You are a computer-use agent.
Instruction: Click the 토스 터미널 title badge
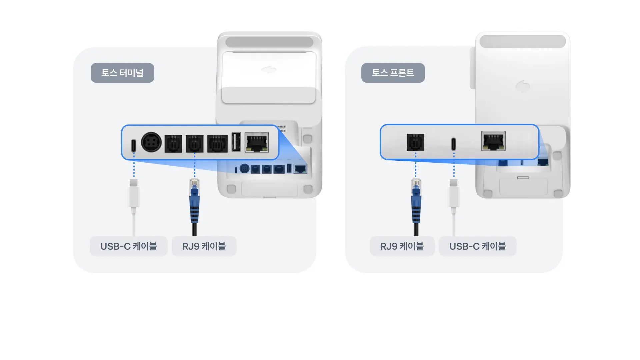point(122,73)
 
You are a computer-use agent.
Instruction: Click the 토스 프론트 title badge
point(393,73)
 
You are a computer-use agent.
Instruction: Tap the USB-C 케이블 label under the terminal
point(128,246)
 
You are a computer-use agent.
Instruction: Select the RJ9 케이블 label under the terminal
point(204,246)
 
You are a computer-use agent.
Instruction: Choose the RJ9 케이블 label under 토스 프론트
point(402,246)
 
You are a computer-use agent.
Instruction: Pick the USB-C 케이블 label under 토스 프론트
point(477,246)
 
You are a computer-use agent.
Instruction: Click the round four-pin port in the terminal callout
point(151,142)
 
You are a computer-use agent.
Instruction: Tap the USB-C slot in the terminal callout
point(133,145)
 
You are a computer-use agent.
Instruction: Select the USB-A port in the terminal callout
point(236,142)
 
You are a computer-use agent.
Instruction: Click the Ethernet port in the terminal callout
point(257,142)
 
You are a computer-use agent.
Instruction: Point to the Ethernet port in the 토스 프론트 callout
point(493,141)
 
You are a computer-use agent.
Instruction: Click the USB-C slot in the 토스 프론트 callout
point(453,144)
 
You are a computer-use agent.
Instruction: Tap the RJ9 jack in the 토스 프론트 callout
point(415,142)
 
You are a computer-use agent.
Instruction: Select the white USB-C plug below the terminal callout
point(134,193)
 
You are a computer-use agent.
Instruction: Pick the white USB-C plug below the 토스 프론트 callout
point(454,193)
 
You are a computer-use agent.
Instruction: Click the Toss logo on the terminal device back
point(269,70)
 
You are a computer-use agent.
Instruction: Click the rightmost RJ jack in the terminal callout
point(217,144)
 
